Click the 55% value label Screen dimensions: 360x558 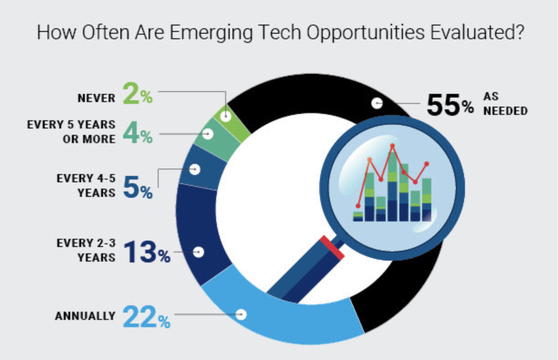pos(450,105)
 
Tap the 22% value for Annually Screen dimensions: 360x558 pos(146,317)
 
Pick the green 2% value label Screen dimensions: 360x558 pos(137,94)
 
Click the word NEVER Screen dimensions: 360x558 pos(96,98)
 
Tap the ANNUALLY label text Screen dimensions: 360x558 pos(85,316)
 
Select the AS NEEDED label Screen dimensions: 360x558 pos(505,105)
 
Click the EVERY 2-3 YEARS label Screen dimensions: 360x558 pos(86,250)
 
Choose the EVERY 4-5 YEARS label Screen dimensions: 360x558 pos(86,185)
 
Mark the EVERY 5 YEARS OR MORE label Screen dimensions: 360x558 pos(71,132)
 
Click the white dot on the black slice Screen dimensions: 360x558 pos(377,103)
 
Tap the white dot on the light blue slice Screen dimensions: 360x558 pos(241,314)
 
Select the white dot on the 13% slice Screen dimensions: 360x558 pos(198,252)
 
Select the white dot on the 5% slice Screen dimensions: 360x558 pos(195,169)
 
